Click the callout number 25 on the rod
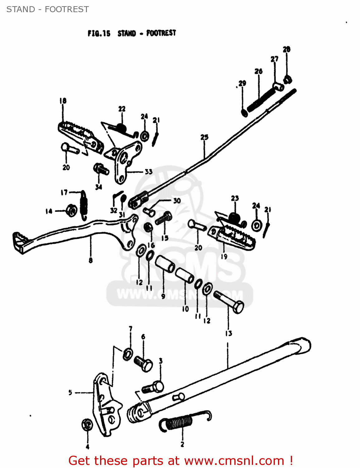click(204, 137)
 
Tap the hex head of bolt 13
click(238, 307)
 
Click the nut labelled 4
click(87, 425)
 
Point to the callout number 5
click(70, 392)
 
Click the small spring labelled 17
click(84, 204)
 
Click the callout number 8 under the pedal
click(90, 260)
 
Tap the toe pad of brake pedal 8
click(19, 242)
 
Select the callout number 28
click(286, 49)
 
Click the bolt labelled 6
click(143, 363)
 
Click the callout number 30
click(177, 201)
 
